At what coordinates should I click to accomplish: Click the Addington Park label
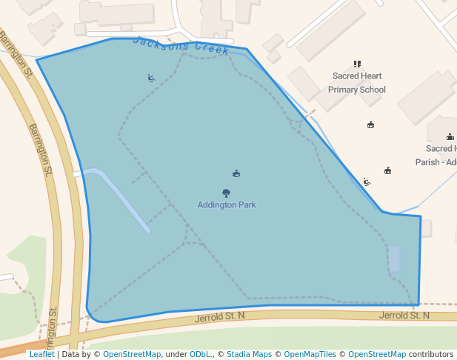[227, 205]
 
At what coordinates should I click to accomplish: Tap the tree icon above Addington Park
[227, 193]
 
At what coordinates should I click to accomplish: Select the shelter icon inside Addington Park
[236, 174]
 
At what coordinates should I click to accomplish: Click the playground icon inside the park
[151, 78]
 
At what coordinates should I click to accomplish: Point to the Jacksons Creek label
[181, 46]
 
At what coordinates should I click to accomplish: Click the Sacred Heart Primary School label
[357, 83]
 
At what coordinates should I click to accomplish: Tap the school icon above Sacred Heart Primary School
[357, 64]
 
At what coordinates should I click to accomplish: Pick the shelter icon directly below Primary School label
[370, 124]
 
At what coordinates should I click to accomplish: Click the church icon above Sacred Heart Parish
[450, 137]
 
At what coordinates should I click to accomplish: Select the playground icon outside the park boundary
[367, 181]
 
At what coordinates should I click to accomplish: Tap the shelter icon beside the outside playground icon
[387, 171]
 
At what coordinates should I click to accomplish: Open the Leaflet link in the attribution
[42, 355]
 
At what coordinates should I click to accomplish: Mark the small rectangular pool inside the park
[394, 259]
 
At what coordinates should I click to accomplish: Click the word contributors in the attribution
[431, 355]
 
